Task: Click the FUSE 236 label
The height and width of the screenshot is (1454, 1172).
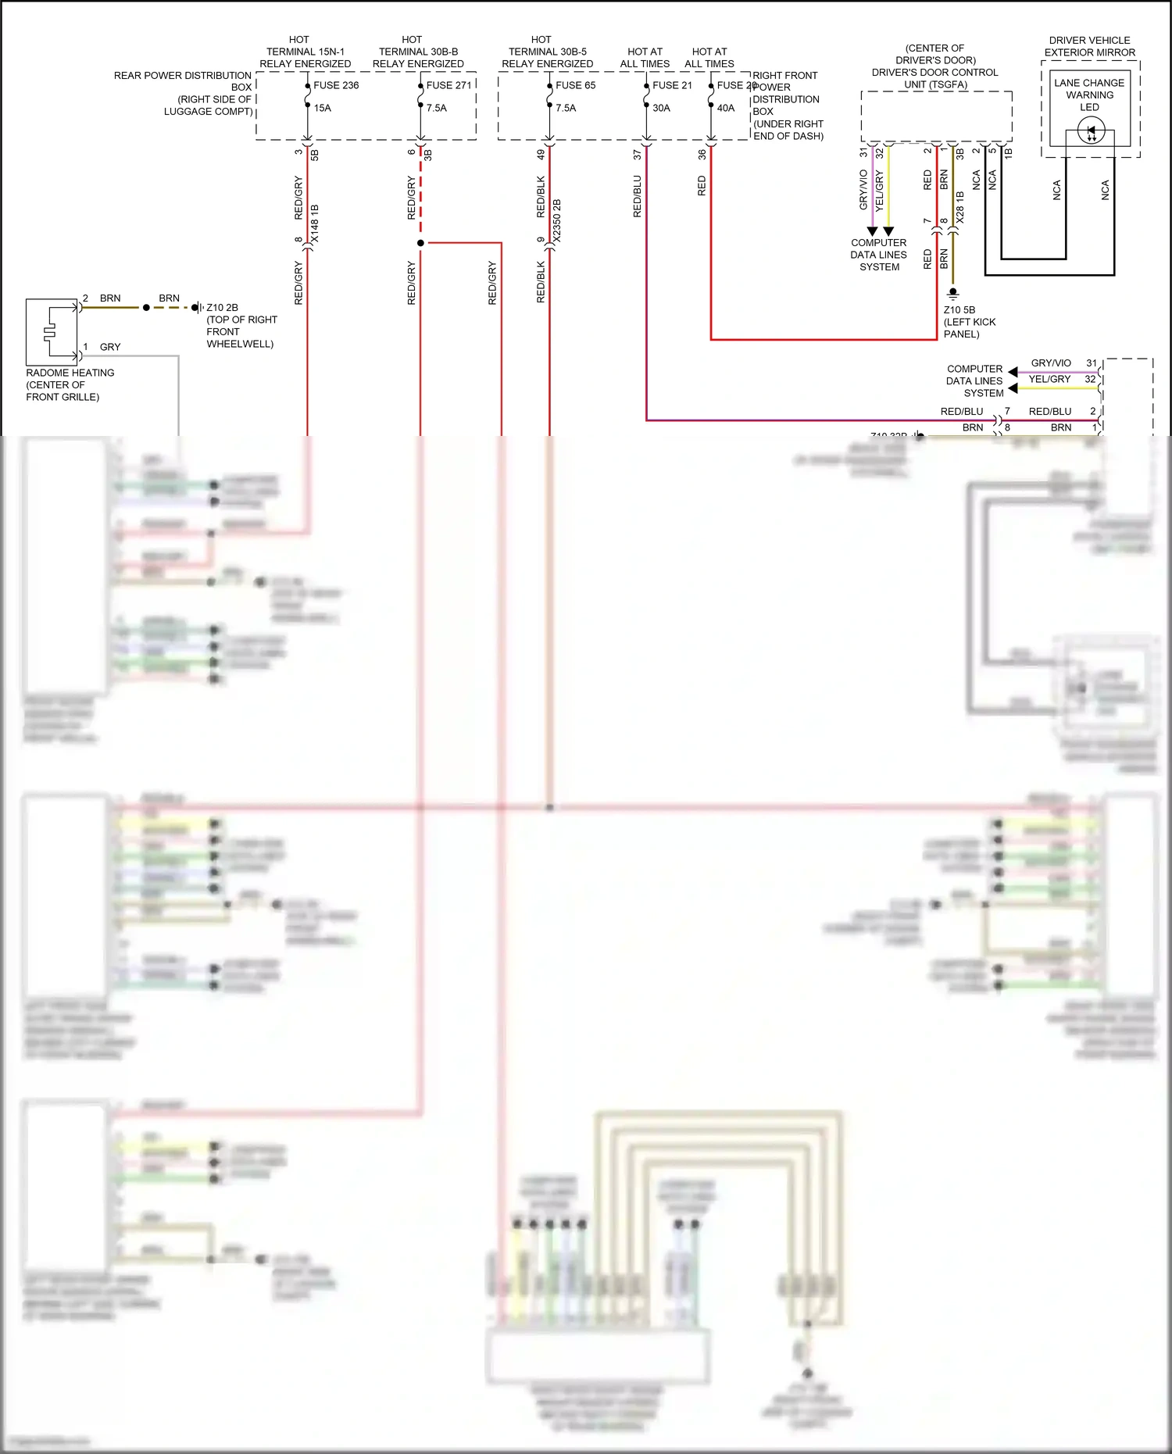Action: tap(336, 85)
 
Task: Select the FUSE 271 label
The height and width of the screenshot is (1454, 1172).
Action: tap(448, 85)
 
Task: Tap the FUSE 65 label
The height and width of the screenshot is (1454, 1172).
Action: tap(575, 85)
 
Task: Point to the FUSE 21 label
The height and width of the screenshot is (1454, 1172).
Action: tap(672, 85)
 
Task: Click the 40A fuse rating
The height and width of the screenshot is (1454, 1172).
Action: tap(726, 108)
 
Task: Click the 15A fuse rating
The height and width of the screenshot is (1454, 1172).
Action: tap(323, 108)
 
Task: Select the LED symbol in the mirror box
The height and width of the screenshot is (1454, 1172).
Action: tap(1091, 131)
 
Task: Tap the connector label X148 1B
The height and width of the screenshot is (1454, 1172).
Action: tap(315, 223)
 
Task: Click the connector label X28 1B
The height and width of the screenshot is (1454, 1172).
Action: tap(960, 208)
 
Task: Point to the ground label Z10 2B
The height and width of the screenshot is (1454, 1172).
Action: tap(222, 308)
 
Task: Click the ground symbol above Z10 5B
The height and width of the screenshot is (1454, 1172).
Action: tap(952, 295)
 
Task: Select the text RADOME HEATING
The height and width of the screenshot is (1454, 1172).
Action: tap(70, 373)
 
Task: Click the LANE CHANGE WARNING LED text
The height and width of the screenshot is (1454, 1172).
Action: tap(1089, 95)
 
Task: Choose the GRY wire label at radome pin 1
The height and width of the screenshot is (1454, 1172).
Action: tap(110, 347)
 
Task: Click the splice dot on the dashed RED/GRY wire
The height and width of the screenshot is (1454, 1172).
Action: tap(420, 243)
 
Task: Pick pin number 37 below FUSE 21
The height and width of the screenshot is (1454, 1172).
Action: tap(638, 155)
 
